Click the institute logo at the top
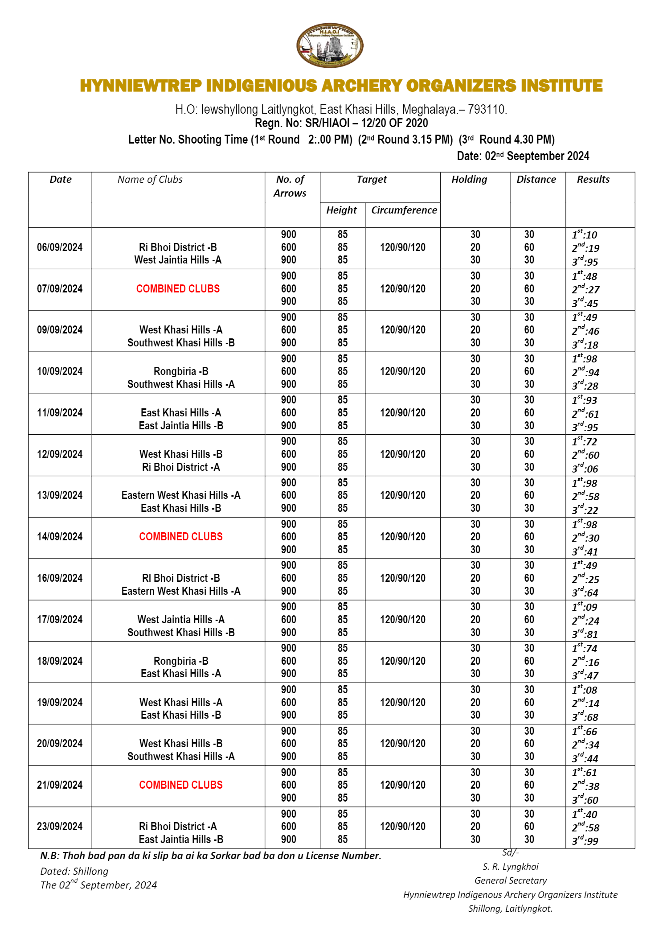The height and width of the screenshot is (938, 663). (330, 45)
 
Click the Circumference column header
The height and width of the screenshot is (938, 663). (404, 210)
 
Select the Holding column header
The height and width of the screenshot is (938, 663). (469, 179)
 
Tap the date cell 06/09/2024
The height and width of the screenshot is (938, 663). (60, 247)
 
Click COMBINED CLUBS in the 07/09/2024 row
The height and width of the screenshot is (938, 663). (178, 289)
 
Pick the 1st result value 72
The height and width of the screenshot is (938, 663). (585, 442)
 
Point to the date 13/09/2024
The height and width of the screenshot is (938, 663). (60, 495)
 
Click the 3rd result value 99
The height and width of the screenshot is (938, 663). (585, 841)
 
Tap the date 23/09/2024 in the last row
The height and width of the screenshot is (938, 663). (60, 827)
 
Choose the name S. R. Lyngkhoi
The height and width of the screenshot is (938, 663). (510, 866)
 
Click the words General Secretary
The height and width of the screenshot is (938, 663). (510, 880)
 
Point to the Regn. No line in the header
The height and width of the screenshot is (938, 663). (341, 123)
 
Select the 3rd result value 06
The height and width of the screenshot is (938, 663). (585, 469)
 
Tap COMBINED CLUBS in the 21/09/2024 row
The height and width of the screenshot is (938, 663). (181, 785)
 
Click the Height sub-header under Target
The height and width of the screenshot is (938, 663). (341, 210)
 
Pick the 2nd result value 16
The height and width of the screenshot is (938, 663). (585, 662)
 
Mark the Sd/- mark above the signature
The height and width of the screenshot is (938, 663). (510, 852)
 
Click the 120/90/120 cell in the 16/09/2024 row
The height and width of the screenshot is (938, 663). (402, 578)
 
